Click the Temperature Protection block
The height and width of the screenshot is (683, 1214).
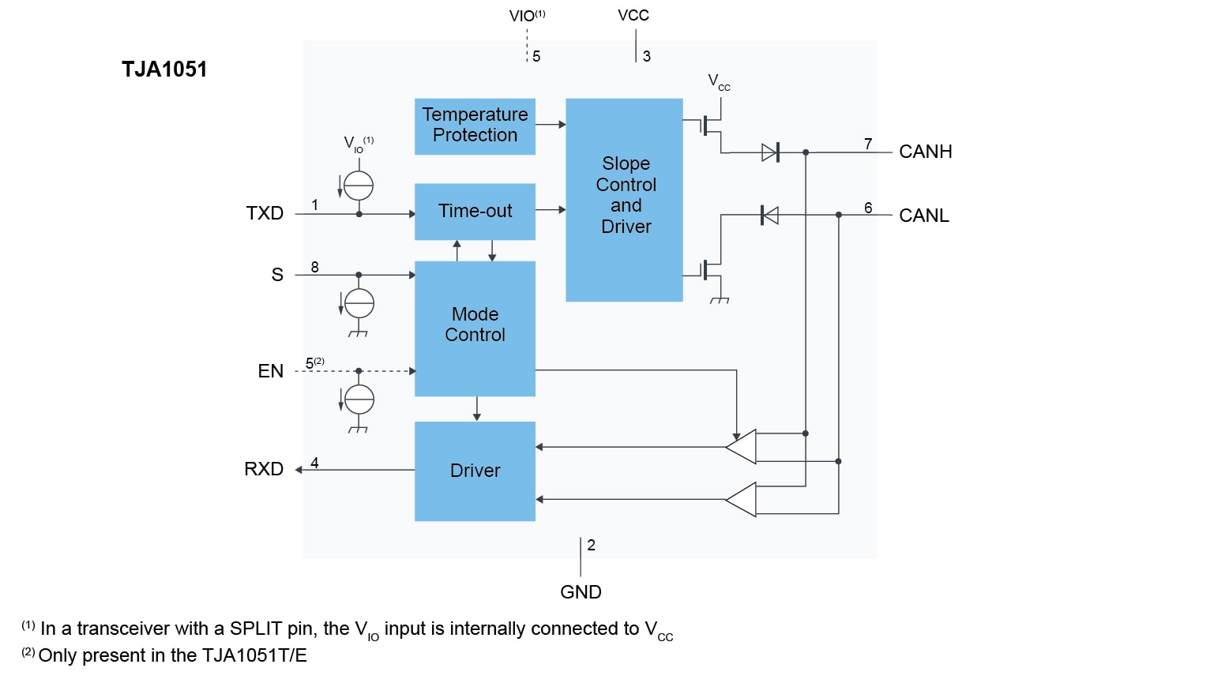click(x=475, y=126)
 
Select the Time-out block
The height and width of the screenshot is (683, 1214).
click(x=475, y=212)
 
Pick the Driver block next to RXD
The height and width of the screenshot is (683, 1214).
click(x=475, y=471)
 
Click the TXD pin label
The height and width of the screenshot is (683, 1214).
click(x=265, y=213)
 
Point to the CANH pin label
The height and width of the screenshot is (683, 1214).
click(x=925, y=152)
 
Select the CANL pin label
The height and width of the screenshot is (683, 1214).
click(x=923, y=216)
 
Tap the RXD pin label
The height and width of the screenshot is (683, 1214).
click(x=264, y=469)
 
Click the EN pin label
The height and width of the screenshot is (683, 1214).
click(x=270, y=371)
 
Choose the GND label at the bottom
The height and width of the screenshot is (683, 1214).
click(x=581, y=592)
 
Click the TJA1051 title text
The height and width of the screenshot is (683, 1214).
click(x=164, y=69)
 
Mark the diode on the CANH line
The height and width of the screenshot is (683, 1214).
click(x=770, y=152)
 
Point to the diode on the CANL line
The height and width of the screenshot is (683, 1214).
click(x=769, y=215)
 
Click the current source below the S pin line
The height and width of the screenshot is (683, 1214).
click(x=359, y=303)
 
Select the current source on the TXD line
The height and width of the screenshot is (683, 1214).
click(x=359, y=186)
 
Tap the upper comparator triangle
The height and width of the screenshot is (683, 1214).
click(x=742, y=447)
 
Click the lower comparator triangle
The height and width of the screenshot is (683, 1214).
click(x=742, y=499)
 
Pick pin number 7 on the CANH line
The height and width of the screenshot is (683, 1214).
click(x=868, y=144)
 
